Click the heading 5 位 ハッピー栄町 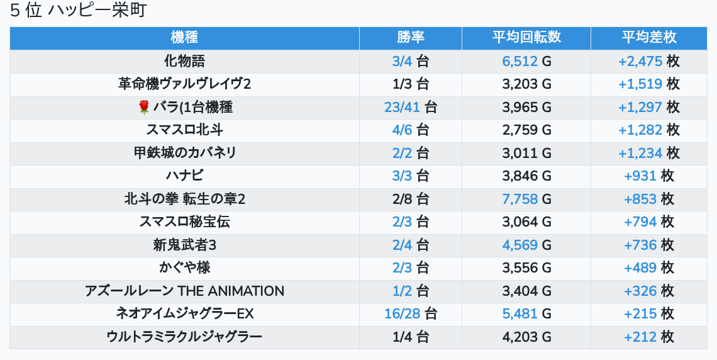click(78, 11)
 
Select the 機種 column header click(184, 38)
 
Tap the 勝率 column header click(411, 38)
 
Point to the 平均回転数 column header click(526, 38)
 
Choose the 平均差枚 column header click(649, 38)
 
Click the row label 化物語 click(184, 61)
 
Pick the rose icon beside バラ click(144, 108)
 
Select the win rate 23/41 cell click(411, 107)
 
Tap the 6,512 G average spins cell click(526, 61)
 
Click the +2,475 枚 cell click(649, 61)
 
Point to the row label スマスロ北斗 click(184, 130)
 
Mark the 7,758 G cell click(526, 199)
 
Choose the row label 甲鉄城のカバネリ click(184, 153)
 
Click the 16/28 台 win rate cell click(411, 313)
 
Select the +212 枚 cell click(649, 337)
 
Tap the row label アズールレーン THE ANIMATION click(184, 291)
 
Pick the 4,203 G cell click(526, 337)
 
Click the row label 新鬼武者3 click(184, 245)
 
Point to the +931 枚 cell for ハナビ click(649, 176)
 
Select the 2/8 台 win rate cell click(411, 199)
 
